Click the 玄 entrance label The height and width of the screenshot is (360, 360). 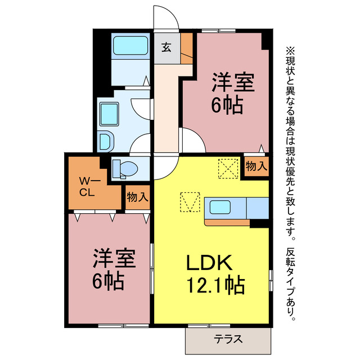pos(167,47)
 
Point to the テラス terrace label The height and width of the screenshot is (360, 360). pos(228,339)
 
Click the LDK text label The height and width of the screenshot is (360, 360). pos(206,263)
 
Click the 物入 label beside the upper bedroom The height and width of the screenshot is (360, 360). pos(256,167)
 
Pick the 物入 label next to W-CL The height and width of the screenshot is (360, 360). pos(137,197)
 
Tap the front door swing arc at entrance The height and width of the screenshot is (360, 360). pos(167,16)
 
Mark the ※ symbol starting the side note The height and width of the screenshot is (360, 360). pos(291,49)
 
